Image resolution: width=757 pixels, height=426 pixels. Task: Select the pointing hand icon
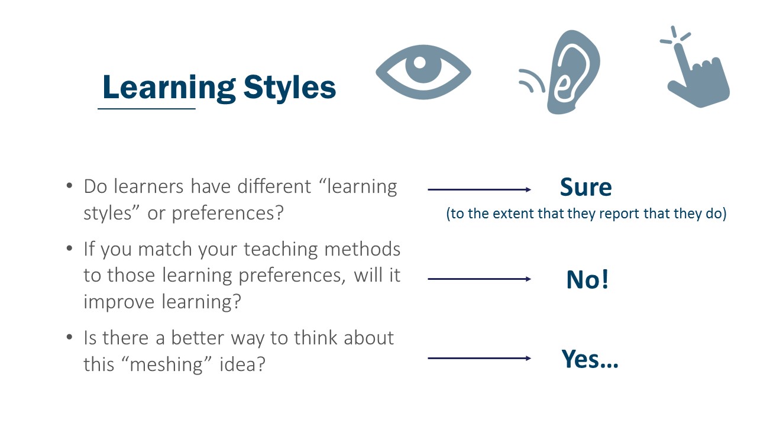[x=698, y=74]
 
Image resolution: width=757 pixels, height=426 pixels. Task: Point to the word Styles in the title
[x=289, y=88]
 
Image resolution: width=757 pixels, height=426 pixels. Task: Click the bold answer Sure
[x=585, y=188]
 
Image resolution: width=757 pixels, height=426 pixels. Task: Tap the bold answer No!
[x=587, y=279]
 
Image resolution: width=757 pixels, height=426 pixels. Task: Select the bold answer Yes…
[x=589, y=359]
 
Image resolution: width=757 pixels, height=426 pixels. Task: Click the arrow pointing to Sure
[x=479, y=189]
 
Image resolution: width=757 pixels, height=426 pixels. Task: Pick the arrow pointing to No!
[x=479, y=279]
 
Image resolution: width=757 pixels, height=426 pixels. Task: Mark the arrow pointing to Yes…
[x=479, y=358]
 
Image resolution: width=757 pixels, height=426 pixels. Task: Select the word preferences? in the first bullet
[x=228, y=213]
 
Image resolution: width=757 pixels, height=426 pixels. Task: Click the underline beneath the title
[x=146, y=109]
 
